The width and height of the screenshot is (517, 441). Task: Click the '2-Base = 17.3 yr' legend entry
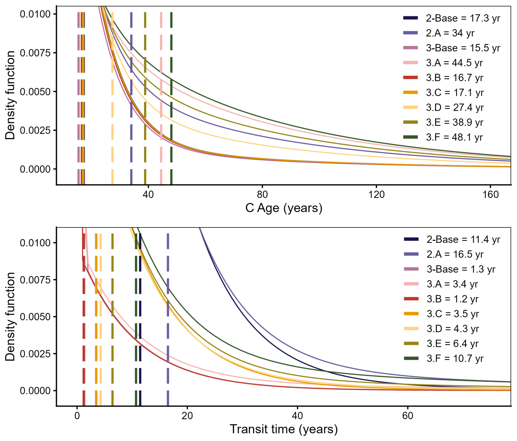[451, 18]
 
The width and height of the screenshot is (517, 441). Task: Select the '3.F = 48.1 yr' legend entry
[443, 137]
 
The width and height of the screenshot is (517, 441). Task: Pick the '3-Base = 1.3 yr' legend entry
[450, 269]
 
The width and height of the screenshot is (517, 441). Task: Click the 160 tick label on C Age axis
[490, 194]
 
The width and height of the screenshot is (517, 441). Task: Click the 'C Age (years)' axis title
[284, 208]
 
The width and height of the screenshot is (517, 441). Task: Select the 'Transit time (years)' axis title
[284, 429]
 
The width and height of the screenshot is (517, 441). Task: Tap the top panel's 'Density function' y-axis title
[10, 95]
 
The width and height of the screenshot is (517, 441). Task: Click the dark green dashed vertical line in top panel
[171, 99]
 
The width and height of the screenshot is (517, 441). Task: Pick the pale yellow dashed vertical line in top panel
[112, 99]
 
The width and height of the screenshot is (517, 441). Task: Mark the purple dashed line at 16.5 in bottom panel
[168, 319]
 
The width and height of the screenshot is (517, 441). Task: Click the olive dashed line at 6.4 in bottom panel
[112, 319]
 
